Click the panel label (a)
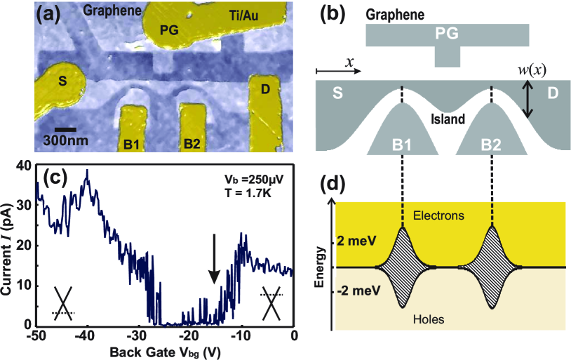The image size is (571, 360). tap(51, 13)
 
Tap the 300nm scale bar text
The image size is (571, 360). tap(70, 141)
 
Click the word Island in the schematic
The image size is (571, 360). tap(448, 119)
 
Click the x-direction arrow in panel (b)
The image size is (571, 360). tap(339, 71)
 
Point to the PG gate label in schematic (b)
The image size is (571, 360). tap(447, 34)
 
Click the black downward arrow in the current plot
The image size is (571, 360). tap(215, 265)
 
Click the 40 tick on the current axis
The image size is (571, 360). tap(22, 165)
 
